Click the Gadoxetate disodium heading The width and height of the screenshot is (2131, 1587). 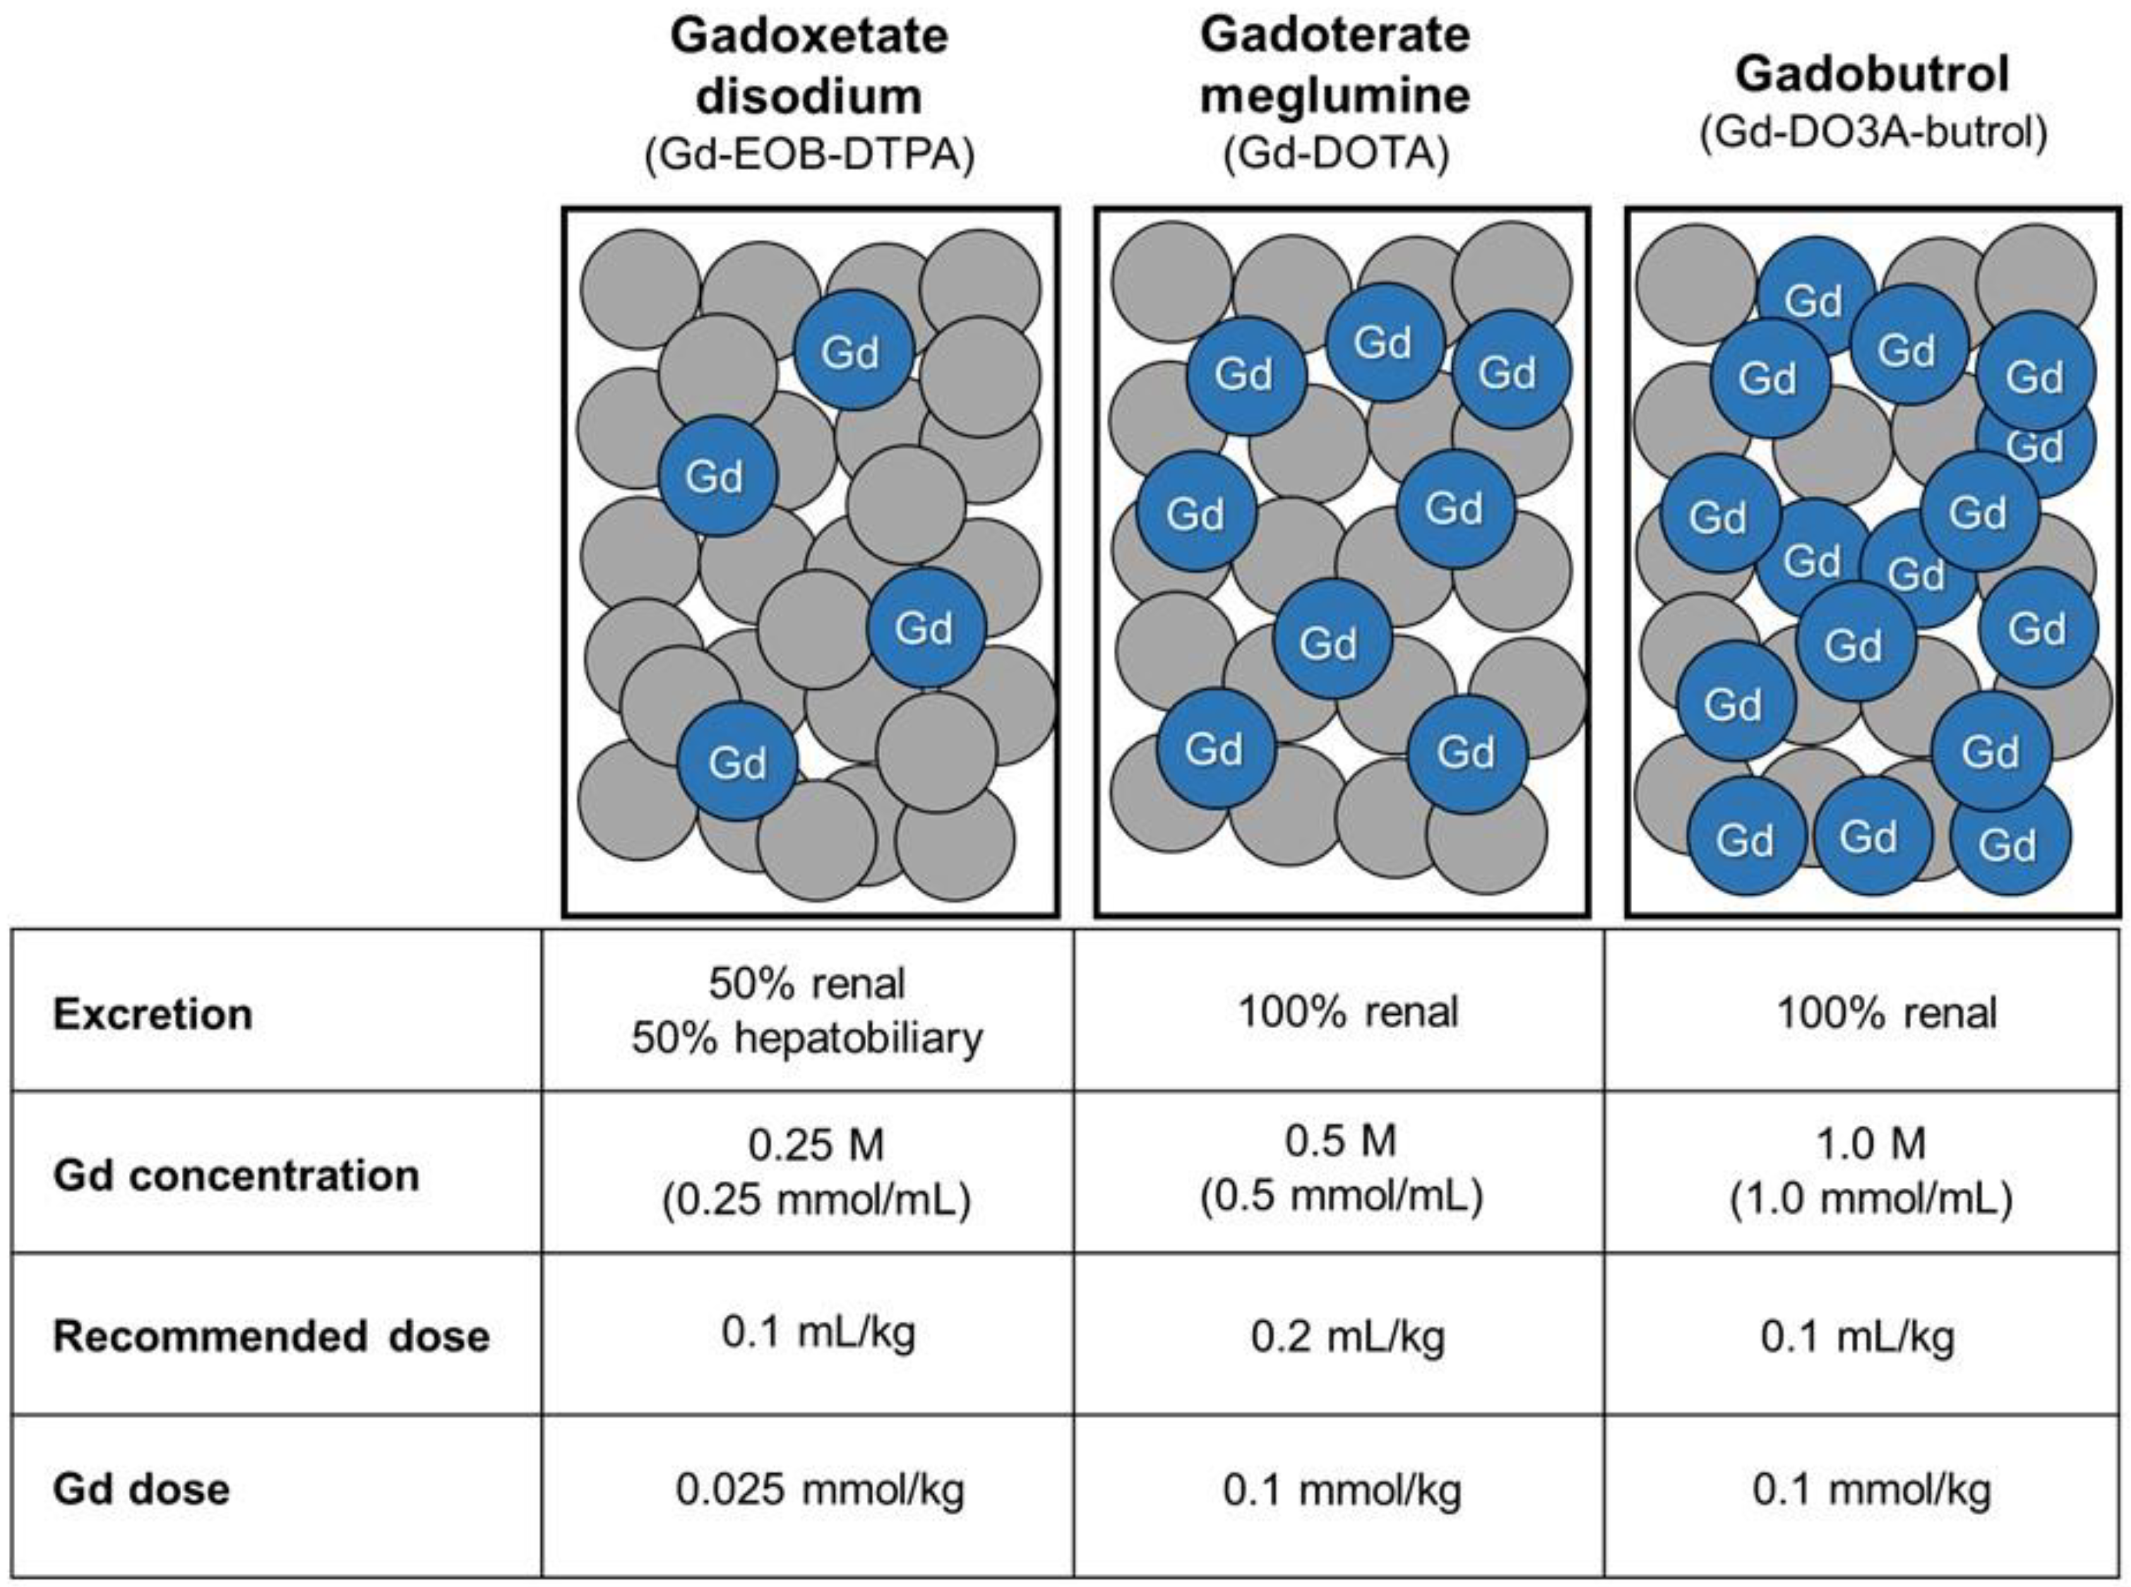click(x=809, y=67)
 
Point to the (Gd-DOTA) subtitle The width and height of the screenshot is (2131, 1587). click(x=1335, y=153)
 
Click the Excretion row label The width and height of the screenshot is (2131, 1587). click(x=153, y=1014)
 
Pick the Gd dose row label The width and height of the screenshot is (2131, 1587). click(x=141, y=1490)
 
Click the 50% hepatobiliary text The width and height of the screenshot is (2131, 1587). click(x=807, y=1038)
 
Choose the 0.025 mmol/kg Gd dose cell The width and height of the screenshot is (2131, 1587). click(x=819, y=1490)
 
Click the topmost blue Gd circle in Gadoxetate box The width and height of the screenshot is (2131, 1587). click(x=852, y=350)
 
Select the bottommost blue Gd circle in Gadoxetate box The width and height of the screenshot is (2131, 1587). click(x=737, y=761)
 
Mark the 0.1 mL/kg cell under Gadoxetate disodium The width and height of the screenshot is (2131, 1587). click(x=818, y=1333)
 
